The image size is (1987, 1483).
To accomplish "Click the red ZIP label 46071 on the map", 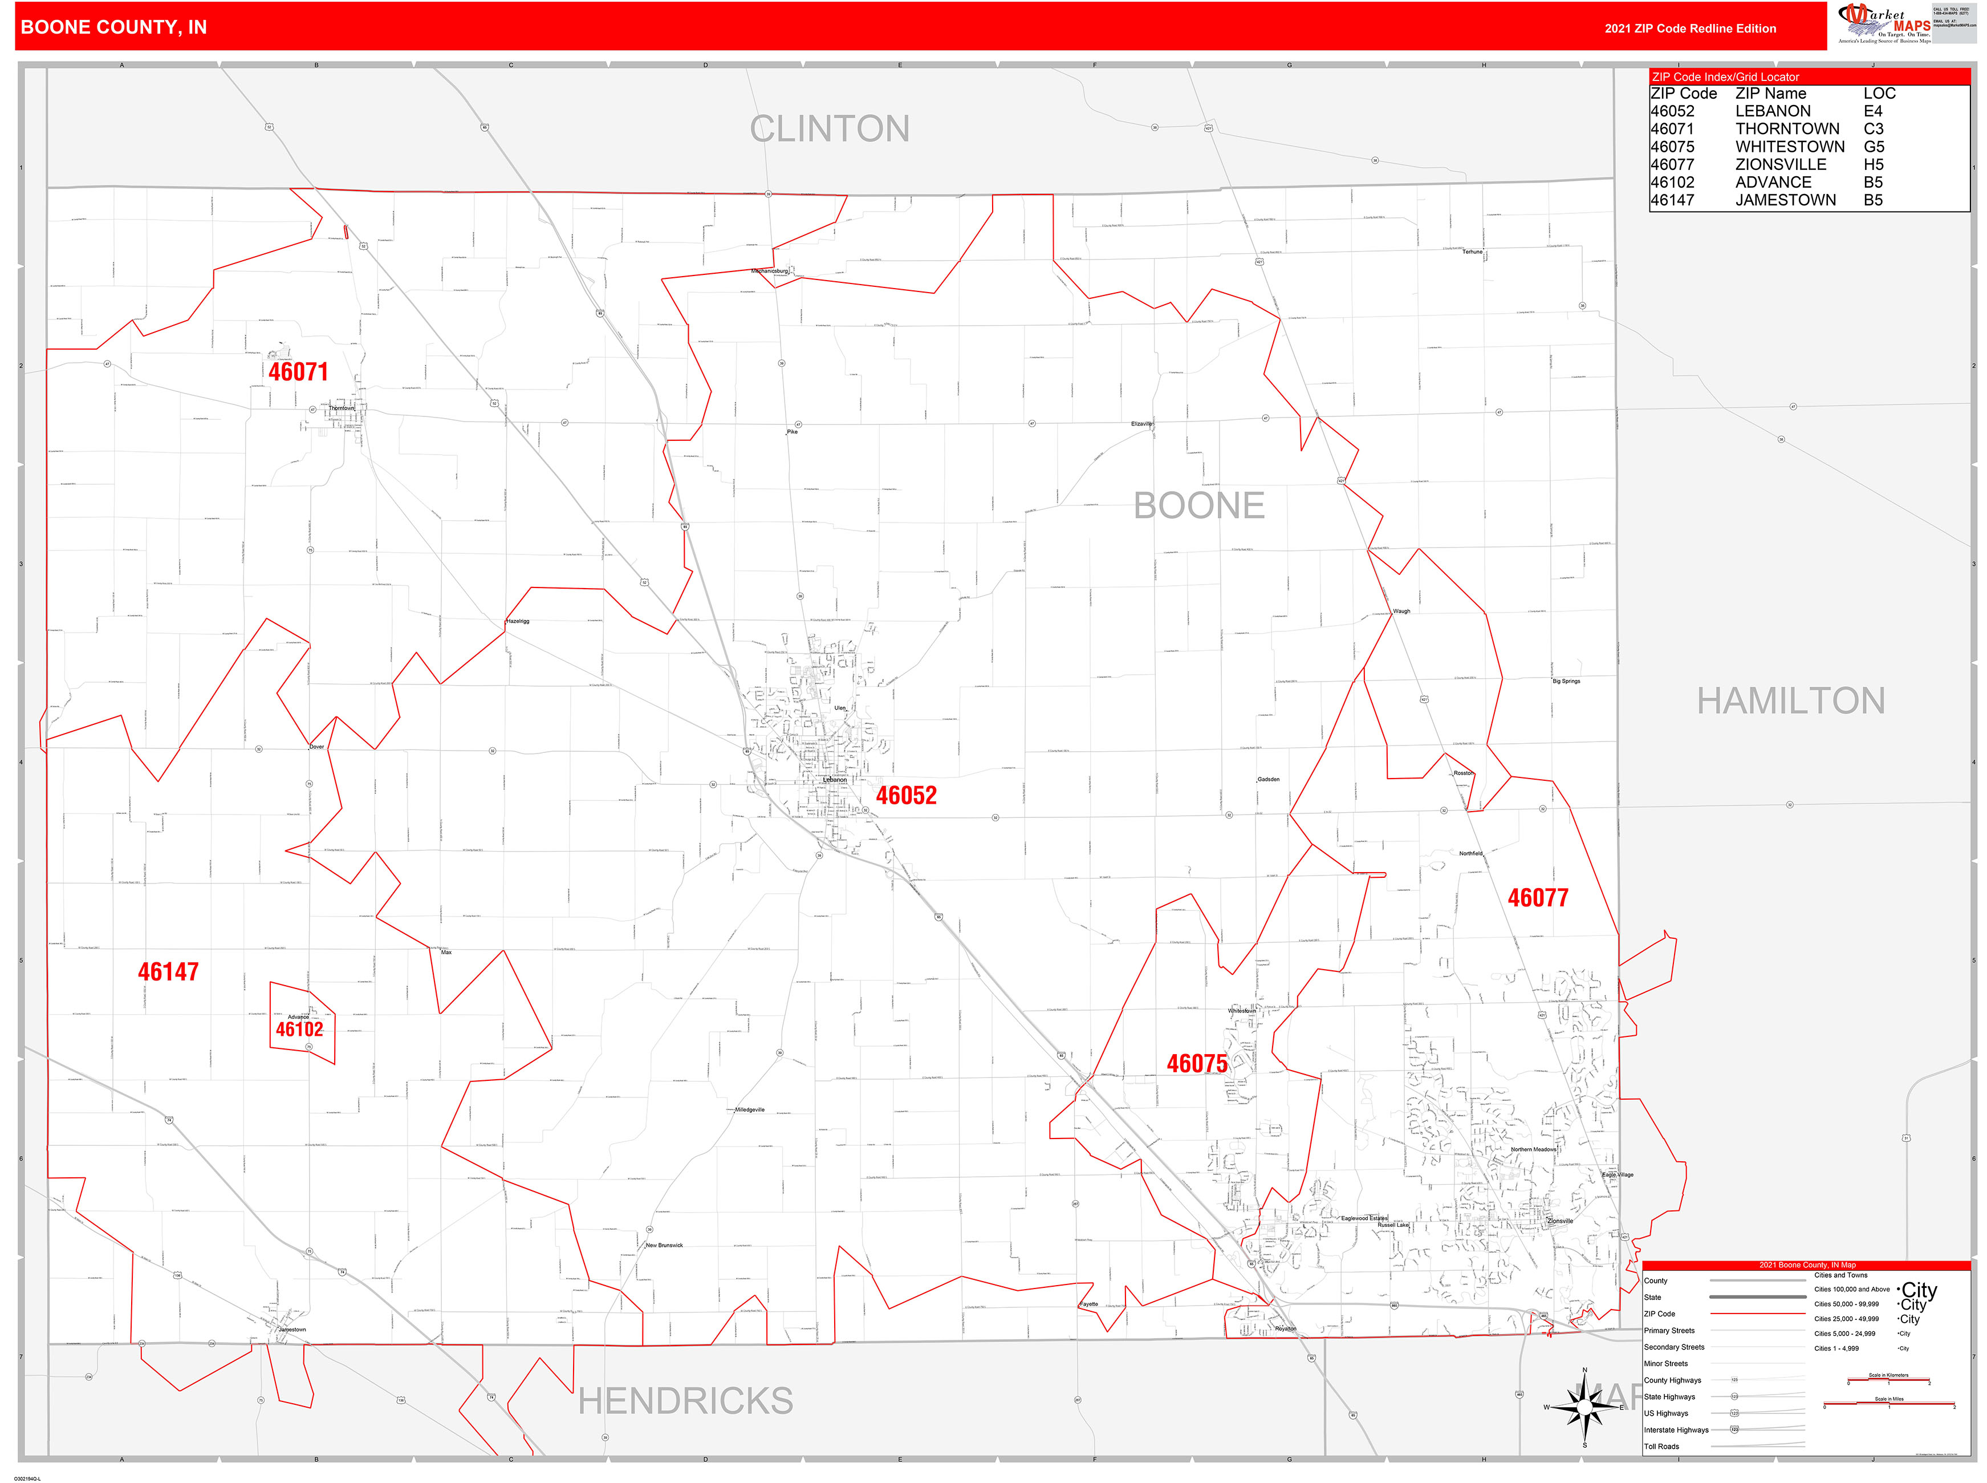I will click(x=298, y=372).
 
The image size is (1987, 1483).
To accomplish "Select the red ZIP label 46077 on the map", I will click(x=1537, y=898).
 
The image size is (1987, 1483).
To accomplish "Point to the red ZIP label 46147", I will click(x=168, y=971).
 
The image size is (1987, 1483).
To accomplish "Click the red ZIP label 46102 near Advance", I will click(x=299, y=1030).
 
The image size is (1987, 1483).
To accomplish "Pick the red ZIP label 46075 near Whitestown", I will click(x=1196, y=1064).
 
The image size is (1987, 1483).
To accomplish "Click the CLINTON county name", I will click(x=829, y=129).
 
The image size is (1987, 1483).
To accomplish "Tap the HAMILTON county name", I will click(x=1790, y=701).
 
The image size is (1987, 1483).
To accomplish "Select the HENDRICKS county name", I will click(x=686, y=1400).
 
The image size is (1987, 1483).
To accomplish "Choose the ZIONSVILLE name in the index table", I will click(x=1781, y=164).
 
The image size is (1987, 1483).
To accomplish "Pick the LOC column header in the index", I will click(x=1879, y=94).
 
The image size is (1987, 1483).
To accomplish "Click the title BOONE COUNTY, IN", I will click(x=114, y=27).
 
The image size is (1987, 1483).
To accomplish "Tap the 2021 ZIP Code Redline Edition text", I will click(x=1690, y=29).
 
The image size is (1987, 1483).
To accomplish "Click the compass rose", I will click(x=1584, y=1407).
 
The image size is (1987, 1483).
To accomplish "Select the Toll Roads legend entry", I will click(x=1661, y=1446).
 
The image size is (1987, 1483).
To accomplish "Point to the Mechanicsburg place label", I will click(x=769, y=271).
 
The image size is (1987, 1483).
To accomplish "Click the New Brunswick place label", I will click(x=664, y=1245).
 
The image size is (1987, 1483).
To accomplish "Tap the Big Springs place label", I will click(x=1566, y=682).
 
